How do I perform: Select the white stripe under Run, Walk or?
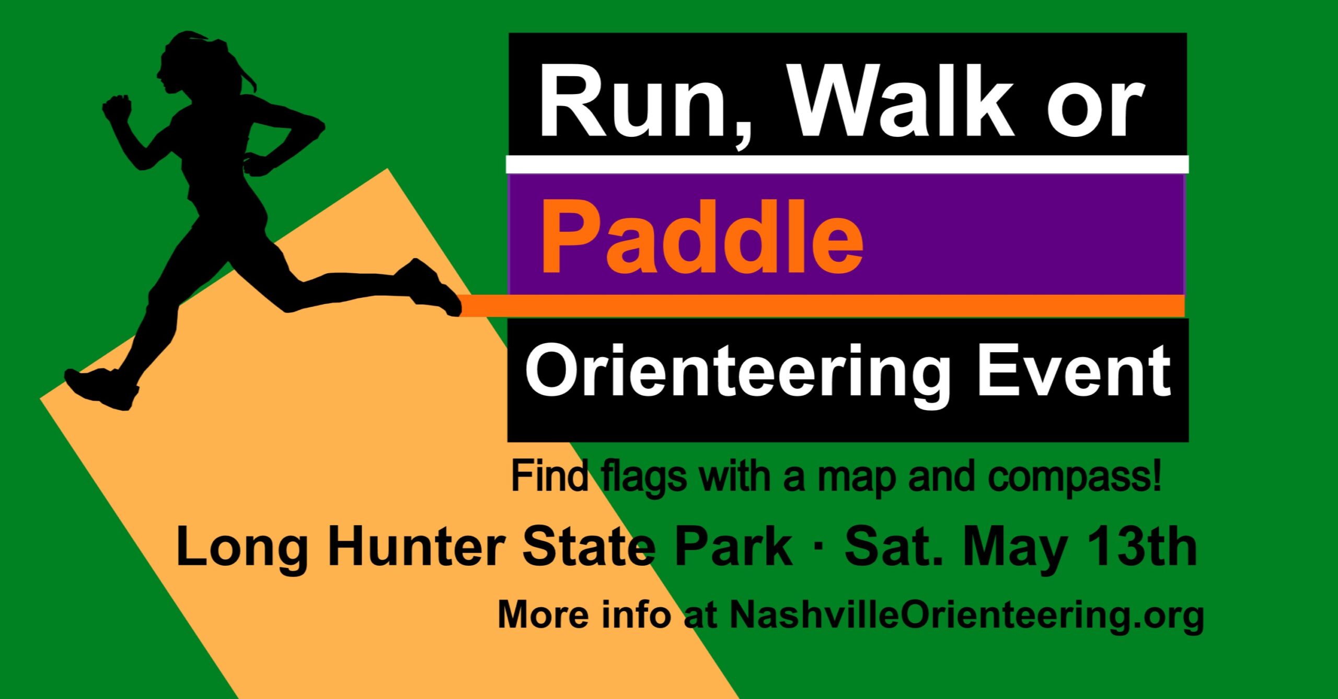click(847, 164)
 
